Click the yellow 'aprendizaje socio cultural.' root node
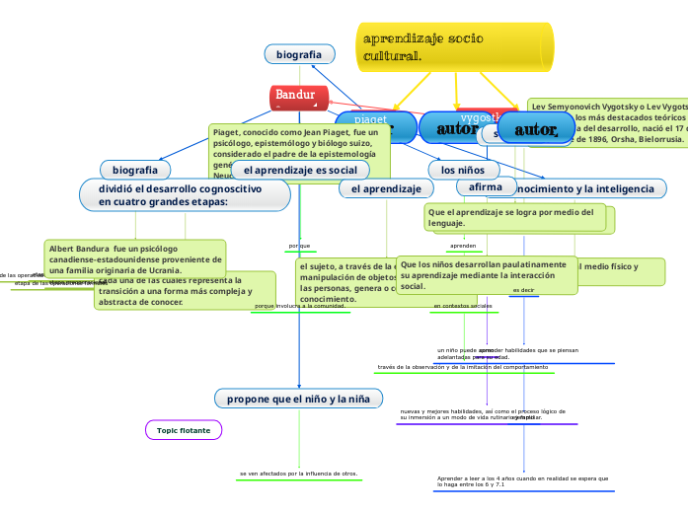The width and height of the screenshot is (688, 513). point(454,46)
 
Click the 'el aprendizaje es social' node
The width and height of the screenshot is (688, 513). point(300,170)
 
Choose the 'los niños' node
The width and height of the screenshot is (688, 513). point(456,170)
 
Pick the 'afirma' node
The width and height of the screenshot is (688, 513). point(486,186)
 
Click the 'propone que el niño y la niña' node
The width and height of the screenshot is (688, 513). point(298,399)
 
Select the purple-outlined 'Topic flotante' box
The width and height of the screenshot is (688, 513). point(184,430)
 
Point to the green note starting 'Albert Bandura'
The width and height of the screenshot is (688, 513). point(134,258)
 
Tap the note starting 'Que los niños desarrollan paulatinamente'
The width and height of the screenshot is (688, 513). point(489,275)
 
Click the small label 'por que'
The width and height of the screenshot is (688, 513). point(299,246)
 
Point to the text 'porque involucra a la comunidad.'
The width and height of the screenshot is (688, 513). point(299,307)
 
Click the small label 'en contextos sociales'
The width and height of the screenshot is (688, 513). point(463,307)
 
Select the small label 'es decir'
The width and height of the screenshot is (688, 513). point(524,291)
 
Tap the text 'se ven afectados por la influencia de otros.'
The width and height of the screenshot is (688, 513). point(299,474)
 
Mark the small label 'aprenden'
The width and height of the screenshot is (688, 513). point(463,246)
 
